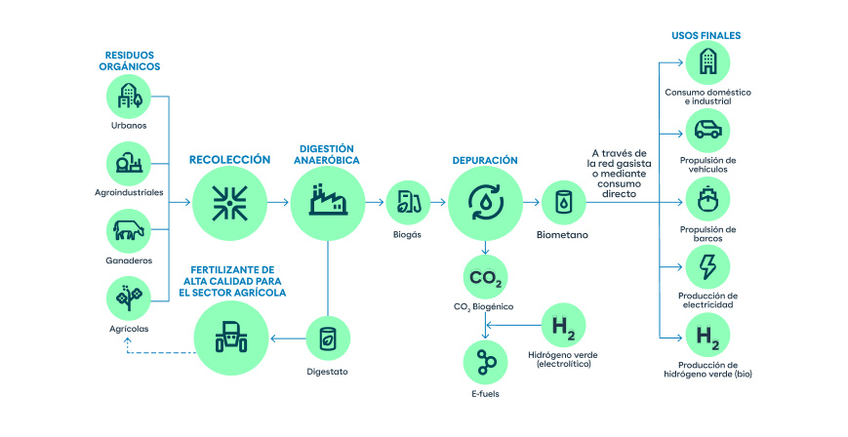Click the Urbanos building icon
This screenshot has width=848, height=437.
pos(130,96)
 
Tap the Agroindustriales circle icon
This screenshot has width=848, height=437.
pos(130,160)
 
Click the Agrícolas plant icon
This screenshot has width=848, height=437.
pos(130,298)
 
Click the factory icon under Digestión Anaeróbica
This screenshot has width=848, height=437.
pos(327,203)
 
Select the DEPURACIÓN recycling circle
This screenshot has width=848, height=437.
pos(485,203)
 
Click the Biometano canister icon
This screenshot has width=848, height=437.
pos(563,203)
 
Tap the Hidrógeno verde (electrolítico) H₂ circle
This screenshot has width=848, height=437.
pos(564,325)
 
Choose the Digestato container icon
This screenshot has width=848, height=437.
pos(327,339)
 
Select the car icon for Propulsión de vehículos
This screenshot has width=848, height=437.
pos(707,129)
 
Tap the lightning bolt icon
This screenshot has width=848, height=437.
pos(707,265)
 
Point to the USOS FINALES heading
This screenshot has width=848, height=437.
pos(706,36)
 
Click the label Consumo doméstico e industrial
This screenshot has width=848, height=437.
pos(707,96)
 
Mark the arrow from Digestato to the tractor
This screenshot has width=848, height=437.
pos(283,339)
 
